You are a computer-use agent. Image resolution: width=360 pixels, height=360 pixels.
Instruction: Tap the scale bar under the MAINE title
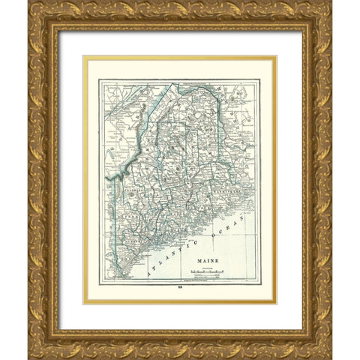(x=205, y=273)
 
